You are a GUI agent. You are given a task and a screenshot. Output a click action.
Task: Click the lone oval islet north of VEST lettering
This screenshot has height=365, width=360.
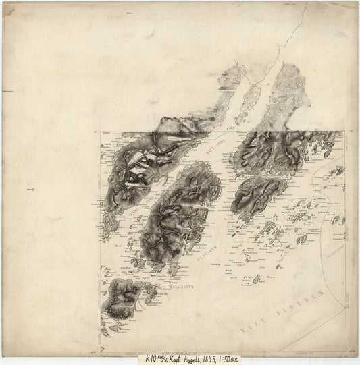[257, 279]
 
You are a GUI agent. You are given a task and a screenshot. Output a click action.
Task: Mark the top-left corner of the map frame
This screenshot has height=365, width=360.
[101, 132]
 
